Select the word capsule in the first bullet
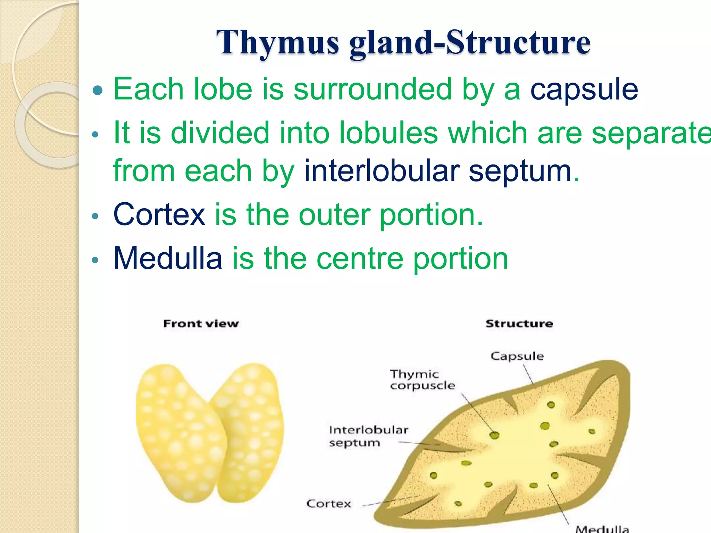[584, 89]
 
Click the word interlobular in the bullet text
[382, 171]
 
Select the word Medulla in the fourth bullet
[168, 258]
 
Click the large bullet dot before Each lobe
[98, 90]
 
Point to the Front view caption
[201, 323]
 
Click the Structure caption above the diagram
[519, 323]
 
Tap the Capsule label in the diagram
[517, 356]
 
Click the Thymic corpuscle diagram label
[422, 380]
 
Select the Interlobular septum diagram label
[368, 436]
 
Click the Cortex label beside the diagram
[328, 504]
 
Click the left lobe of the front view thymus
[177, 434]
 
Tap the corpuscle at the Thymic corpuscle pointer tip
[494, 435]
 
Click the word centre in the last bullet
[360, 258]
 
